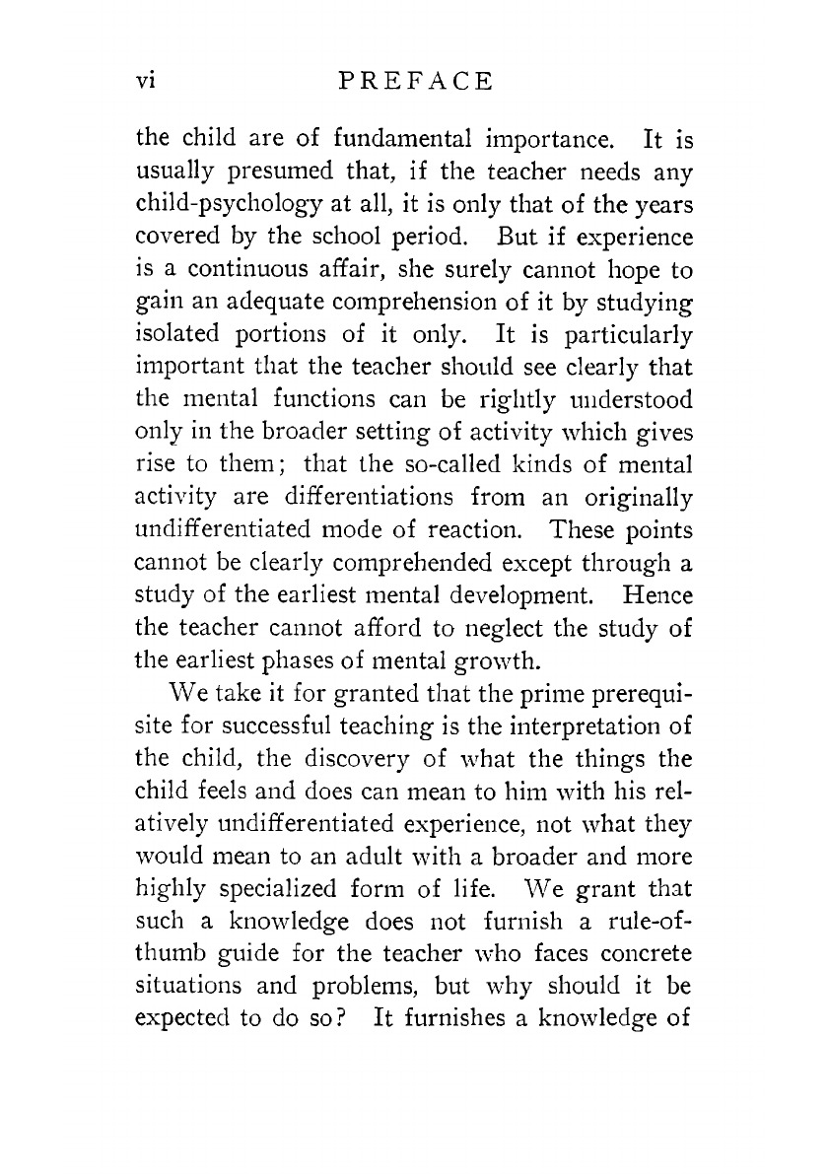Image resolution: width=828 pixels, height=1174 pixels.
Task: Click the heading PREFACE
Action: [414, 82]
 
